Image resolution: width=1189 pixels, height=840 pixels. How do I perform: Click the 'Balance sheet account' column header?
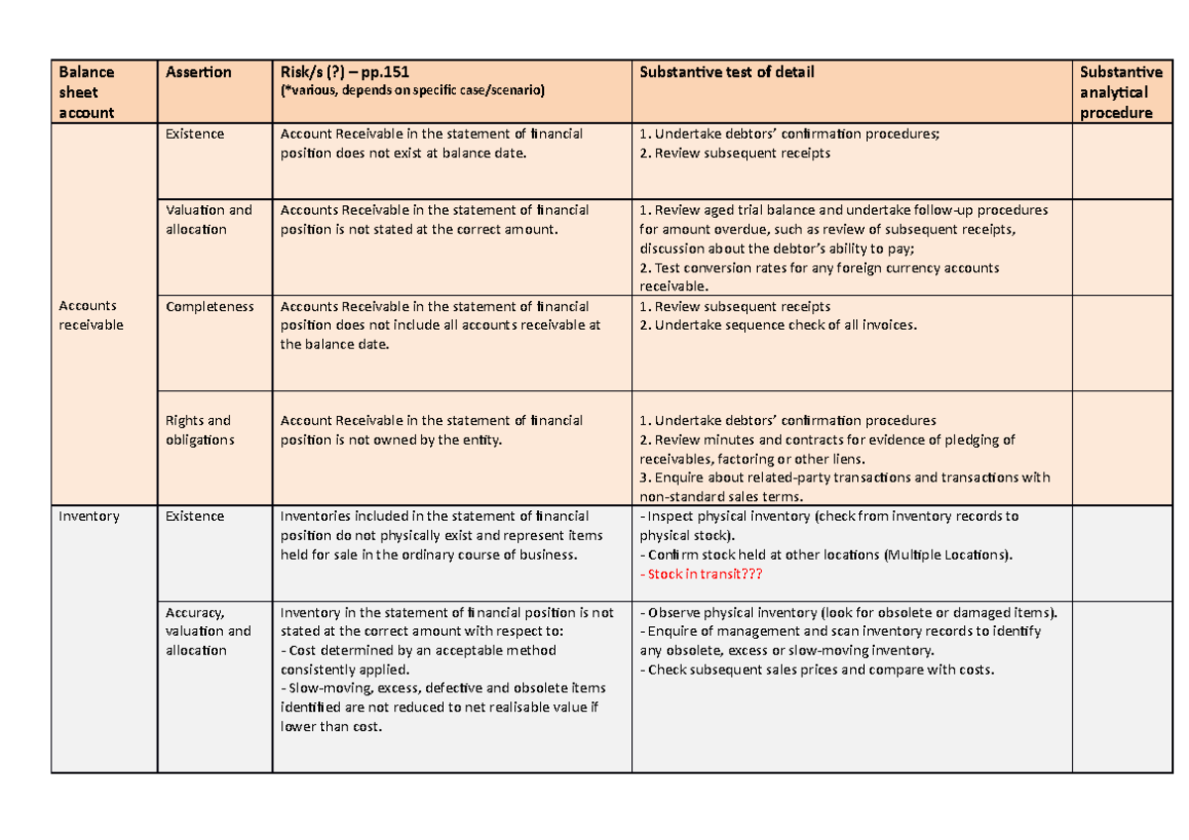pyautogui.click(x=87, y=92)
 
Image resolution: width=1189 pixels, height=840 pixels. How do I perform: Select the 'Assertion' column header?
pyautogui.click(x=198, y=72)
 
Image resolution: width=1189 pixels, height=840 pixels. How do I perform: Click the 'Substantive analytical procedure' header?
pyautogui.click(x=1120, y=92)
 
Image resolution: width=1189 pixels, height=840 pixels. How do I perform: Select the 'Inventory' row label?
pyautogui.click(x=89, y=516)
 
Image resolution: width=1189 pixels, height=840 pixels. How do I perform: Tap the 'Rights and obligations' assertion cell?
pyautogui.click(x=198, y=430)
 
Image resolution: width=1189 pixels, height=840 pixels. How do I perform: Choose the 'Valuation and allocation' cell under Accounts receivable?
pyautogui.click(x=209, y=220)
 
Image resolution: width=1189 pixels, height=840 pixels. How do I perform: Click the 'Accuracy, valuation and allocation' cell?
pyautogui.click(x=209, y=631)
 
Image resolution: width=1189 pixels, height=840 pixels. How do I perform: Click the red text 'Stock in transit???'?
pyautogui.click(x=703, y=574)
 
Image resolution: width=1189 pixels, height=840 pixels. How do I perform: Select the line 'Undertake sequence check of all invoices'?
pyautogui.click(x=779, y=326)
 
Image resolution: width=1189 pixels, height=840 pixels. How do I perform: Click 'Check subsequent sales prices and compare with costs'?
pyautogui.click(x=817, y=670)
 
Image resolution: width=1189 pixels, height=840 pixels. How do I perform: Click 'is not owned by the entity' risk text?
pyautogui.click(x=416, y=440)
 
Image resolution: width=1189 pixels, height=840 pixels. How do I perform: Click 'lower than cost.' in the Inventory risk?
pyautogui.click(x=331, y=727)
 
